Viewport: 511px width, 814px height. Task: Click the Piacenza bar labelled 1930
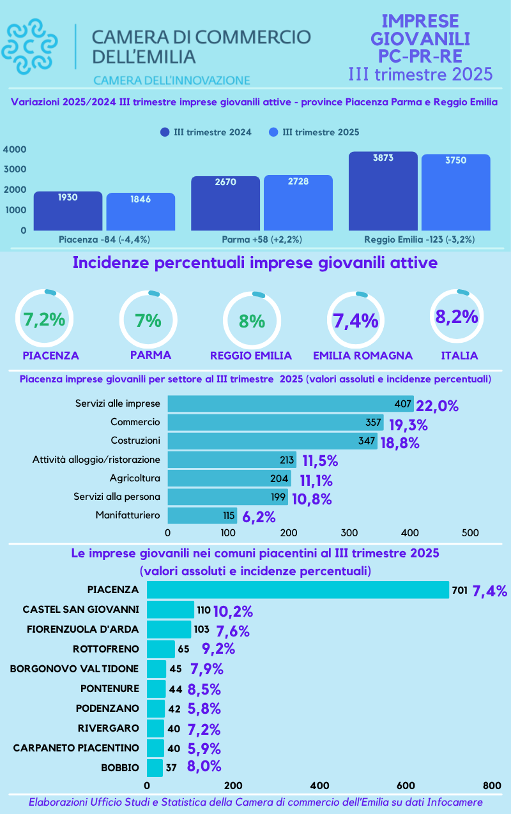tap(68, 211)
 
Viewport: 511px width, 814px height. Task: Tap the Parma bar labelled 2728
tap(298, 202)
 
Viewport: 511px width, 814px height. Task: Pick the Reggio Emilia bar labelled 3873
tap(383, 191)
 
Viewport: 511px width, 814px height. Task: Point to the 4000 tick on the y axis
tap(15, 149)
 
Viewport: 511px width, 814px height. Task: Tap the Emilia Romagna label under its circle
tap(363, 356)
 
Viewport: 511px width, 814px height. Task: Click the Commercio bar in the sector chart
tap(275, 423)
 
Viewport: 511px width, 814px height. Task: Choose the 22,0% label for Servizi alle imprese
tap(438, 406)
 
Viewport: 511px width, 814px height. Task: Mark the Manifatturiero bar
tap(202, 515)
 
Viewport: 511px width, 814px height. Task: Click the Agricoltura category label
tap(135, 478)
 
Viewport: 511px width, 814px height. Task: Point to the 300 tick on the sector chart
tap(349, 532)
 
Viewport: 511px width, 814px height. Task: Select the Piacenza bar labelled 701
tap(298, 590)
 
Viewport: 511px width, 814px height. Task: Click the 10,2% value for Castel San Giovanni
tap(233, 612)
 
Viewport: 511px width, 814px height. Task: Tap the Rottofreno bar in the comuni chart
tap(160, 649)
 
